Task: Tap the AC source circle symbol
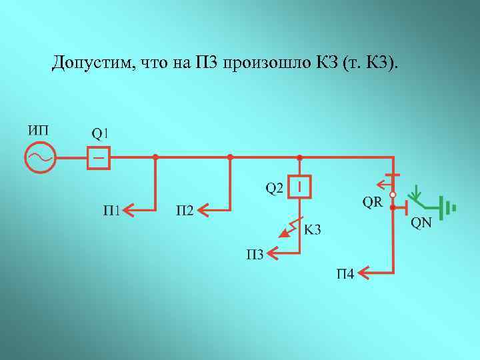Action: [39, 158]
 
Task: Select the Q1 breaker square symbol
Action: [99, 158]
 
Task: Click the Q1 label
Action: [100, 132]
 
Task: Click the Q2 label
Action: [275, 188]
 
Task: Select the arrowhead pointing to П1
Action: [129, 211]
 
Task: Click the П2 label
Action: [185, 211]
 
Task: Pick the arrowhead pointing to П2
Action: [203, 211]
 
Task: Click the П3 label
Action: [256, 254]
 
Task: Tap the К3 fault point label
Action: [312, 230]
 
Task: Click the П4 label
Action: [345, 273]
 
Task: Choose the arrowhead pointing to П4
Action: [364, 272]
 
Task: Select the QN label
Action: [421, 223]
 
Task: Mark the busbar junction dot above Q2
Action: [300, 157]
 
